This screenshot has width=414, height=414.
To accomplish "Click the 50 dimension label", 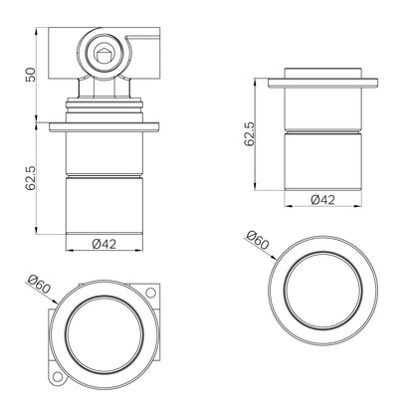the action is [x=31, y=75].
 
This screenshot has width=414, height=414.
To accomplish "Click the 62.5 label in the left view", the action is [x=31, y=178].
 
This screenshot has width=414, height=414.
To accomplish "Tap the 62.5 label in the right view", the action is [x=250, y=133].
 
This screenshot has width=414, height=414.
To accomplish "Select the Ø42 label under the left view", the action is [x=104, y=244].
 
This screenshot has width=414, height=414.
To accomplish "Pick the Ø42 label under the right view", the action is [x=322, y=200].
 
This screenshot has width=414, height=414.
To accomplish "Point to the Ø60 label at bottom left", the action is [x=39, y=284].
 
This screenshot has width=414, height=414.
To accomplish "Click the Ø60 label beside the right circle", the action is [x=258, y=240].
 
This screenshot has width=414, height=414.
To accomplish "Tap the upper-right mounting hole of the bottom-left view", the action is [x=150, y=293].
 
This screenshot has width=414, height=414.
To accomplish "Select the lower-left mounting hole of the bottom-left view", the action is [x=58, y=377].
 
